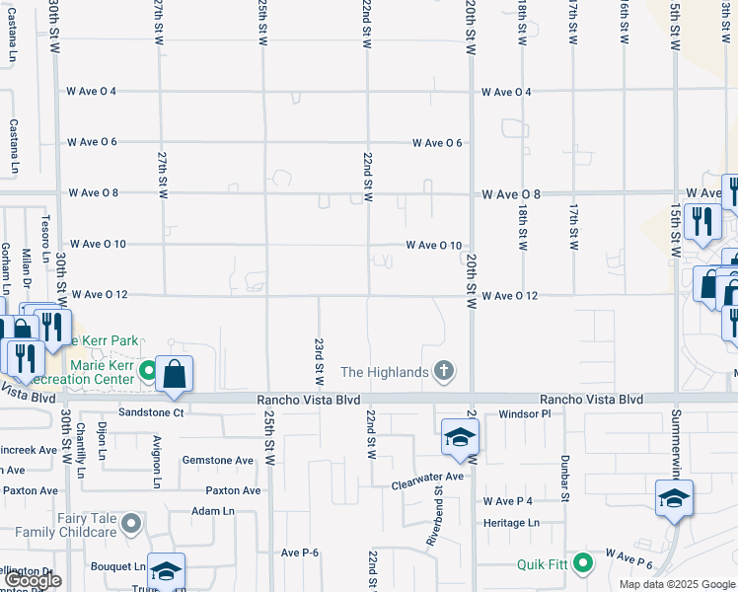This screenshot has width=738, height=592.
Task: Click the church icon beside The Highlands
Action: click(x=444, y=371)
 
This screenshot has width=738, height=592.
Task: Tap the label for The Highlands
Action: click(x=385, y=372)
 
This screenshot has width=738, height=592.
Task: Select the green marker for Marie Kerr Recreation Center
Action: click(x=148, y=371)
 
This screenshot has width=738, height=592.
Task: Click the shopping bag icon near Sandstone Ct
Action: click(x=174, y=374)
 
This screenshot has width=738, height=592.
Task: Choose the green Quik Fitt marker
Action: click(x=583, y=564)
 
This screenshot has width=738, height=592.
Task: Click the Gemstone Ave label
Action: click(x=218, y=460)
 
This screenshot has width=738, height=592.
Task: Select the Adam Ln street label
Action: click(x=213, y=511)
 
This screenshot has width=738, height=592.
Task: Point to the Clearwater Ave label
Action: click(x=426, y=477)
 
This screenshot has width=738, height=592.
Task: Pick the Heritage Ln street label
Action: click(x=512, y=522)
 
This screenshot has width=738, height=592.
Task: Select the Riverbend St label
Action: click(x=436, y=520)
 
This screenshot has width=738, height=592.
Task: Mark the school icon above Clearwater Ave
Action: click(x=459, y=438)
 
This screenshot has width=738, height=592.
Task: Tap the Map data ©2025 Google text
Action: click(x=676, y=584)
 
